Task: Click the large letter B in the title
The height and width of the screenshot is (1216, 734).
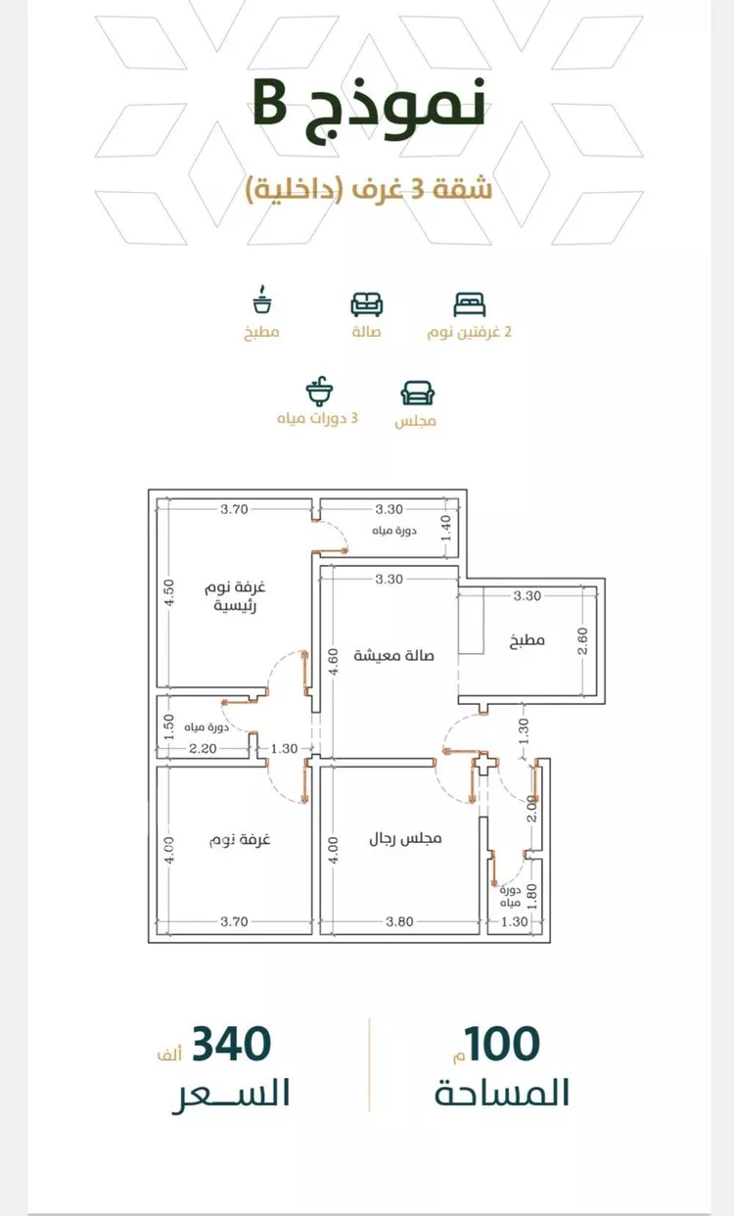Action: point(269,105)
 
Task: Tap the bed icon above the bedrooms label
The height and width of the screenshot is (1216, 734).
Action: point(469,304)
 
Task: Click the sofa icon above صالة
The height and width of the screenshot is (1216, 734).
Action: point(367,304)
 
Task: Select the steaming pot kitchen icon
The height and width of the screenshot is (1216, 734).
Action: point(262,300)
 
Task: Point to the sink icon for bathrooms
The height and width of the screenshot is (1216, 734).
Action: point(319,391)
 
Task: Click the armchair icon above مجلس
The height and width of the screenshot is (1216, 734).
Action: point(418,393)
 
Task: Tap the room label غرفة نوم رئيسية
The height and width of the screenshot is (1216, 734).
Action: point(235,596)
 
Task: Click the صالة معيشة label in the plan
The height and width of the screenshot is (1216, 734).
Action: point(393,655)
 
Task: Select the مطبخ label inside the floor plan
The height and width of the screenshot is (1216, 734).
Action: point(528,640)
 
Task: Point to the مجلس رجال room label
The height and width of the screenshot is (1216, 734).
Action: point(405,839)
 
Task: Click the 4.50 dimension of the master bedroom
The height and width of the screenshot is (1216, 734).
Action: point(169,592)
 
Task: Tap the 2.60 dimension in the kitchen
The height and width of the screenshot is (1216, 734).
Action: point(582,641)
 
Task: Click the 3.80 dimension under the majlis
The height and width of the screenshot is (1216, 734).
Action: point(400,921)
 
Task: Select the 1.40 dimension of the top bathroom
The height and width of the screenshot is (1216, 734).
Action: point(446,528)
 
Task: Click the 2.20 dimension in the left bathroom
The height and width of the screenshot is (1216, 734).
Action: point(203,749)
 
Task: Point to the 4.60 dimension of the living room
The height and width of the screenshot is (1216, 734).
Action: point(333,662)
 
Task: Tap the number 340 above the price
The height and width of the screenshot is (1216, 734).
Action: point(232,1044)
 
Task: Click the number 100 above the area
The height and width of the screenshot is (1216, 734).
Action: point(502,1044)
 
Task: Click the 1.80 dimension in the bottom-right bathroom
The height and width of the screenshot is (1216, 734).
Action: point(532,897)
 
